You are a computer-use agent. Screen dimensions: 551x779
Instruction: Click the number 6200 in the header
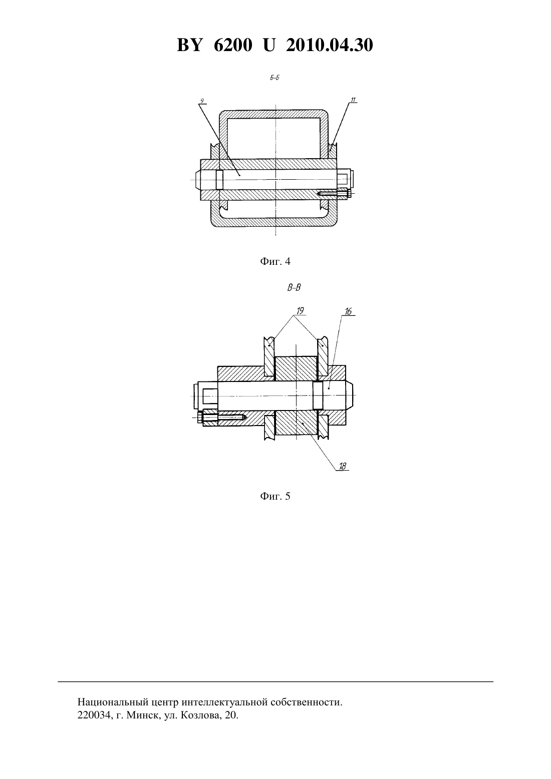[x=233, y=45]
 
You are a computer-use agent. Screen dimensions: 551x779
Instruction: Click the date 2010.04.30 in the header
[x=330, y=45]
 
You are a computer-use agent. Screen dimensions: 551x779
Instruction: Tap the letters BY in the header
[x=189, y=45]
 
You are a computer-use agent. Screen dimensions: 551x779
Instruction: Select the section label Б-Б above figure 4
[x=274, y=78]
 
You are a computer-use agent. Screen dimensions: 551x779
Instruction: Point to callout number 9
[x=202, y=101]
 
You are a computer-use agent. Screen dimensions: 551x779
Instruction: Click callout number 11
[x=353, y=100]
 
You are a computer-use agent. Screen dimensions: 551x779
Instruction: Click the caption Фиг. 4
[x=275, y=261]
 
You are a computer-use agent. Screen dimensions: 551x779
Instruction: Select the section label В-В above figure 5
[x=294, y=288]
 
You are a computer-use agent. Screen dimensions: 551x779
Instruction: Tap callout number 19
[x=300, y=310]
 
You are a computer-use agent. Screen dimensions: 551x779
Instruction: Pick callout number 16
[x=348, y=311]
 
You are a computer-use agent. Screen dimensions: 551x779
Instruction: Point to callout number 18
[x=343, y=466]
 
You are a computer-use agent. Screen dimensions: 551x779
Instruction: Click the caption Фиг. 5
[x=275, y=496]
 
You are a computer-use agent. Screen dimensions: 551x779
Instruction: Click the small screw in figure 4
[x=334, y=193]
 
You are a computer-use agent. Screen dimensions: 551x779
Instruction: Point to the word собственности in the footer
[x=307, y=702]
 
